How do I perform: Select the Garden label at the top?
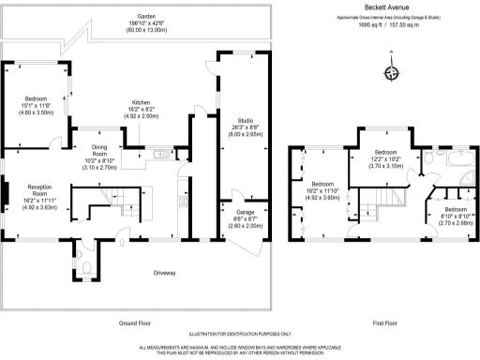tap(145, 17)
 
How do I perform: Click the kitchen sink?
tap(157, 155)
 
